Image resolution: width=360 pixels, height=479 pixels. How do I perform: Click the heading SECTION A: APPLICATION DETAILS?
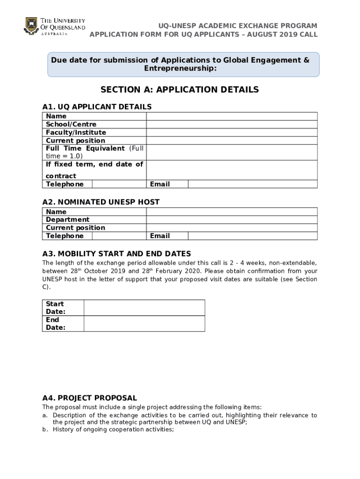180,90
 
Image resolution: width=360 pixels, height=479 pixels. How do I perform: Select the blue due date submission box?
183,65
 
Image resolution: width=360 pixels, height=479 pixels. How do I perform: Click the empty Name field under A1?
231,116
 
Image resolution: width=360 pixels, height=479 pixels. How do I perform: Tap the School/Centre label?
71,124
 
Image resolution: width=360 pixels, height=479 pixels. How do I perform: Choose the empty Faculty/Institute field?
231,132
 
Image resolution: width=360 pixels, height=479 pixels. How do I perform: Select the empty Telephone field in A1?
119,184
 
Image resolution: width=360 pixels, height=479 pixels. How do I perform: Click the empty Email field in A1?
252,184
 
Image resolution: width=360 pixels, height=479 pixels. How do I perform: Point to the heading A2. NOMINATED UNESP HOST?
101,202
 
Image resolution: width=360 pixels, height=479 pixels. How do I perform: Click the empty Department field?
231,219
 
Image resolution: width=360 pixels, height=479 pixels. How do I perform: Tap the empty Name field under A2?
231,211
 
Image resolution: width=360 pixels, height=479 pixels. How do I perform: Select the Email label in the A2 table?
160,236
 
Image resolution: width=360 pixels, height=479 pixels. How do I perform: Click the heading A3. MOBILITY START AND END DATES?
116,254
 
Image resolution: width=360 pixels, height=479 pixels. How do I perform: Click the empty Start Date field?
144,308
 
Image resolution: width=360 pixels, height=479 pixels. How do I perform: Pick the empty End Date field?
144,323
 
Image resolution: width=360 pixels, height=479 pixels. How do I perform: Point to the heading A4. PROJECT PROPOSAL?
89,398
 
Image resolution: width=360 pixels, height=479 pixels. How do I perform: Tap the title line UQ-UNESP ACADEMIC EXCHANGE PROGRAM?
237,26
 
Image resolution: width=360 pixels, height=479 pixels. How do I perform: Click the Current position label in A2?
75,228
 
